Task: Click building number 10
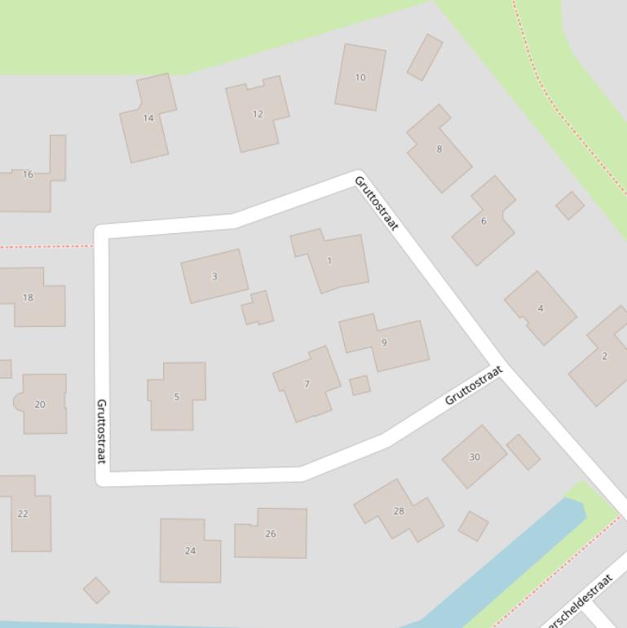pyautogui.click(x=360, y=77)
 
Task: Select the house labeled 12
pyautogui.click(x=258, y=114)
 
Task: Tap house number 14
pyautogui.click(x=148, y=118)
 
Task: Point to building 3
pyautogui.click(x=214, y=276)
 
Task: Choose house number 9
pyautogui.click(x=385, y=343)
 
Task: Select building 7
pyautogui.click(x=307, y=384)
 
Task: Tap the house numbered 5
pyautogui.click(x=176, y=396)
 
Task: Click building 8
pyautogui.click(x=439, y=148)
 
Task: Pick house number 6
pyautogui.click(x=483, y=221)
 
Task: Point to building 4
pyautogui.click(x=540, y=307)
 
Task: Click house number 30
pyautogui.click(x=475, y=457)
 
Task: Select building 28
pyautogui.click(x=399, y=511)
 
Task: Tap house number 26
pyautogui.click(x=271, y=533)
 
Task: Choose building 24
pyautogui.click(x=190, y=551)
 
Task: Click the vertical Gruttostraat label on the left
pyautogui.click(x=102, y=431)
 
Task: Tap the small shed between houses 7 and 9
pyautogui.click(x=360, y=385)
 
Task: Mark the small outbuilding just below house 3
pyautogui.click(x=258, y=309)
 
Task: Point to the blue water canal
pyautogui.click(x=522, y=555)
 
